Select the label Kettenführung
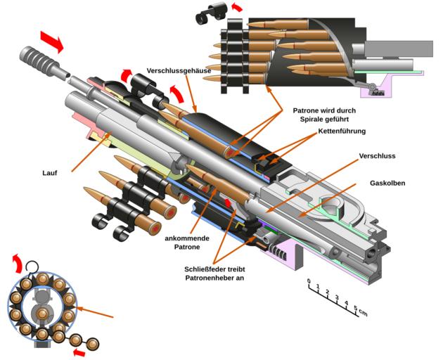pyautogui.click(x=342, y=131)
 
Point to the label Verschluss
pyautogui.click(x=375, y=155)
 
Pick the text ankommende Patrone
pyautogui.click(x=182, y=243)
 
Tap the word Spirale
pyautogui.click(x=305, y=120)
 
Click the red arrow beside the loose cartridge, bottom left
pyautogui.click(x=79, y=351)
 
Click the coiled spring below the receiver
pyautogui.click(x=281, y=249)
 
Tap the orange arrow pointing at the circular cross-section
pyautogui.click(x=96, y=312)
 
